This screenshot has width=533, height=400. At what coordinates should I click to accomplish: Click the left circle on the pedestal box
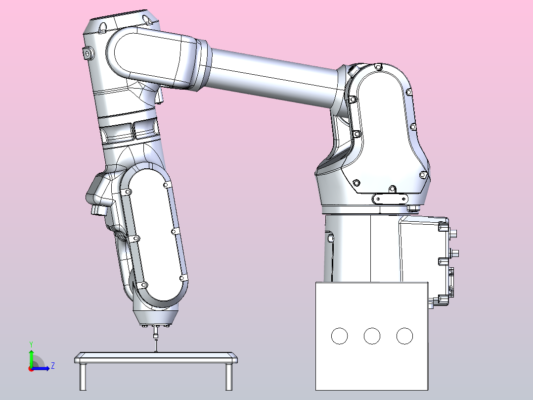tap(339, 336)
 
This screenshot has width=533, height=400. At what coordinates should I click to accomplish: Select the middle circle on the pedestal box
tap(372, 336)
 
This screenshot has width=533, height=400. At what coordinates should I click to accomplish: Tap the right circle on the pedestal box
tap(404, 336)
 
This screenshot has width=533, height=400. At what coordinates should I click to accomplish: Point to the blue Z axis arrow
tap(40, 368)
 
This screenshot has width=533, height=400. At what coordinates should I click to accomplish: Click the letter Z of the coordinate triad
tap(53, 366)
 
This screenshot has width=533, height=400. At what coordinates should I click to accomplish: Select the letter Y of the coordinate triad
tap(31, 344)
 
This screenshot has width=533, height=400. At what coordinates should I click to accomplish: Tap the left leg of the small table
tap(83, 377)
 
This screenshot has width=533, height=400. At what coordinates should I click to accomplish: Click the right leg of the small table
tap(229, 377)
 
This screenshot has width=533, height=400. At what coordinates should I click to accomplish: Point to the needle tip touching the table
tap(156, 352)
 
